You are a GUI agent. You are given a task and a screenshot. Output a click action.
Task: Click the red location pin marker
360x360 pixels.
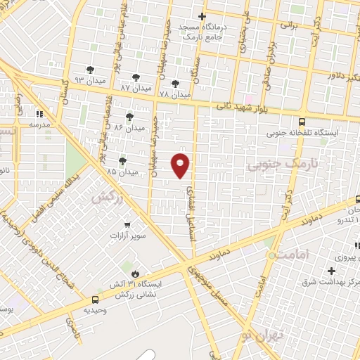click(x=181, y=165)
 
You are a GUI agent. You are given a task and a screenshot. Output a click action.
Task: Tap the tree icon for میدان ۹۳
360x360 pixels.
click(x=89, y=69)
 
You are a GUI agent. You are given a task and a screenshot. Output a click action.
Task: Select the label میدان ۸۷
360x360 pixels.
click(x=136, y=89)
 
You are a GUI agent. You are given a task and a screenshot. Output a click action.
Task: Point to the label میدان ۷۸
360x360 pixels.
click(x=174, y=94)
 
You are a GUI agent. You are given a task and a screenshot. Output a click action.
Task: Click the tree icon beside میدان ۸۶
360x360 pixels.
click(x=129, y=116)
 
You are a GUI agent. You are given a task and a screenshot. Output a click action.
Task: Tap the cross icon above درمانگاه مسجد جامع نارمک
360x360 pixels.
click(x=202, y=16)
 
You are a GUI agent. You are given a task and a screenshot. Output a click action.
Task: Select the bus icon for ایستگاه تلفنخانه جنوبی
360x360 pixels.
click(x=302, y=120)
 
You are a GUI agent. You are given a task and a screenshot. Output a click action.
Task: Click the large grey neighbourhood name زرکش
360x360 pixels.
click(x=107, y=196)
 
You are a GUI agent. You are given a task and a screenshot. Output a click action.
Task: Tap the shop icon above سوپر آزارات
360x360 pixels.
click(x=127, y=225)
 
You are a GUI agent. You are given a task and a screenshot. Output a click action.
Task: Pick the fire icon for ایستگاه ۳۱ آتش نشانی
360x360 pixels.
click(x=135, y=273)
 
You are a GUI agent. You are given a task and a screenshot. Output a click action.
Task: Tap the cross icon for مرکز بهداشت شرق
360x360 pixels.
click(x=331, y=270)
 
